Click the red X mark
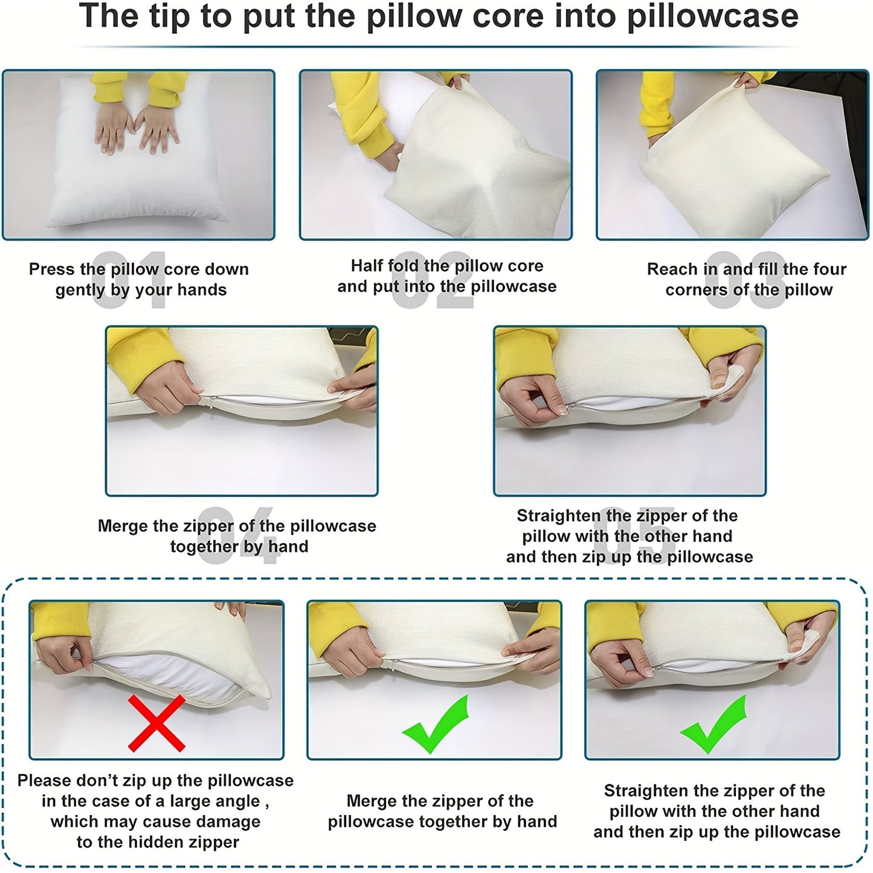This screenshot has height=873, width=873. [156, 724]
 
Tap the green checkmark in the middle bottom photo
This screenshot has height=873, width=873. [436, 725]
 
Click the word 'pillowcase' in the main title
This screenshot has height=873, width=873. [712, 17]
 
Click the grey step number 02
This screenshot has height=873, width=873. [432, 280]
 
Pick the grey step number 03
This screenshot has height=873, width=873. [746, 280]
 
